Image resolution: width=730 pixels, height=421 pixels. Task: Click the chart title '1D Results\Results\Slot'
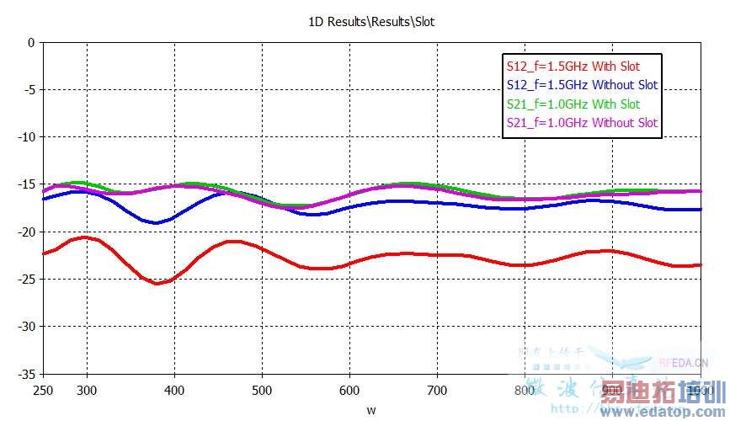[370, 21]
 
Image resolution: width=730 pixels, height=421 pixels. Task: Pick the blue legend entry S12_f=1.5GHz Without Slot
[581, 85]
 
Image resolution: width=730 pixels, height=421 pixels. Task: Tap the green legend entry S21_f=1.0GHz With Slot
[573, 104]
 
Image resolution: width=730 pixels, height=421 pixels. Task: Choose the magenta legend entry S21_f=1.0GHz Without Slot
[581, 123]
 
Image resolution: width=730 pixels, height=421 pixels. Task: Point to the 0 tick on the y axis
[31, 42]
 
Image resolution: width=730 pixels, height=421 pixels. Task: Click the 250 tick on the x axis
[42, 391]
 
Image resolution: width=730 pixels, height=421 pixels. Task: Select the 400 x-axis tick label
[173, 391]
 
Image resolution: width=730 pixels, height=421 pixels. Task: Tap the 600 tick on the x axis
[349, 391]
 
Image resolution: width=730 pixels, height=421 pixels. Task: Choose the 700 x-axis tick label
[436, 391]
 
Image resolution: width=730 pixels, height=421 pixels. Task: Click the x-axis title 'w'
[370, 410]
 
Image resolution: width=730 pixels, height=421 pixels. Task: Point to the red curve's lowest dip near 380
[157, 283]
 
